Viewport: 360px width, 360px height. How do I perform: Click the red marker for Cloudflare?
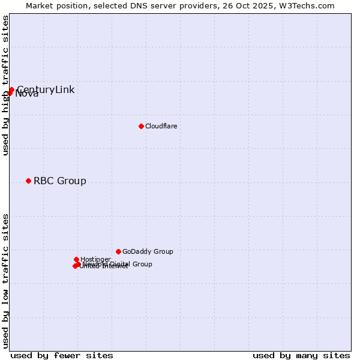[141, 126]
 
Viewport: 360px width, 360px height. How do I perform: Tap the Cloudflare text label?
[161, 126]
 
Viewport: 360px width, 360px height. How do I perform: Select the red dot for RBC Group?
[28, 181]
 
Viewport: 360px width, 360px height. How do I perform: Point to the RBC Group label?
[59, 181]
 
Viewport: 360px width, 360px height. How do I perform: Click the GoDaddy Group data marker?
[118, 251]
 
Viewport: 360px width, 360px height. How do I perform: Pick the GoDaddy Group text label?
[148, 252]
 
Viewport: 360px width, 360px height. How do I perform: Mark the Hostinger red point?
[76, 259]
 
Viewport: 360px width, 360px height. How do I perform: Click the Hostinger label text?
[95, 259]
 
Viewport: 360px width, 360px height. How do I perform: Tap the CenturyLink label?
[46, 90]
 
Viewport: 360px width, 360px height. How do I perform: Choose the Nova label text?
[27, 94]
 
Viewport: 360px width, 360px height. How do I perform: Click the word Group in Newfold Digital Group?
[142, 264]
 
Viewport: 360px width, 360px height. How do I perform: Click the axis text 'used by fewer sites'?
[62, 355]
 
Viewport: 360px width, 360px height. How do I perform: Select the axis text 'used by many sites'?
[301, 355]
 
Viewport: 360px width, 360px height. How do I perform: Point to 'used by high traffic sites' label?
[5, 85]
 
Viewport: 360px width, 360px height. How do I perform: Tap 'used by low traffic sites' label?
[5, 280]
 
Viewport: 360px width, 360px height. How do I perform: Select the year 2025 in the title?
[267, 6]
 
